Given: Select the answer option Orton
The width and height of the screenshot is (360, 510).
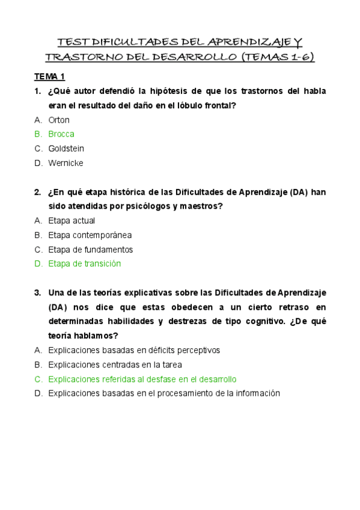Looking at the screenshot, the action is [59, 120].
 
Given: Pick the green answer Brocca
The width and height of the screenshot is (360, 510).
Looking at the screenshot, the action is [61, 134].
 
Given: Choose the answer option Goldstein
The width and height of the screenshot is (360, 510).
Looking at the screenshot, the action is [66, 149].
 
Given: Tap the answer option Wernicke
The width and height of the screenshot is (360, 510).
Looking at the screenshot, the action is [66, 163].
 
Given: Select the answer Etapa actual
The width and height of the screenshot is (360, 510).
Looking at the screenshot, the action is [72, 221].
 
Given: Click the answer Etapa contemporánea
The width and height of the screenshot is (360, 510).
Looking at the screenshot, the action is [90, 235].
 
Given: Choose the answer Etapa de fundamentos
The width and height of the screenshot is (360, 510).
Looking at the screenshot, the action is [90, 250].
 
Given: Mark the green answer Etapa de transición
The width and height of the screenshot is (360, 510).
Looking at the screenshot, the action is [85, 264].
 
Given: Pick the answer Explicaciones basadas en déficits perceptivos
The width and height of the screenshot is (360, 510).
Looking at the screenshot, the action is [134, 350].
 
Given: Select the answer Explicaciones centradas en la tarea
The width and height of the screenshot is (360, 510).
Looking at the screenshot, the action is [115, 364].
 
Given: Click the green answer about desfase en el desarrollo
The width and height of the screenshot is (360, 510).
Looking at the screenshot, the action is [142, 379].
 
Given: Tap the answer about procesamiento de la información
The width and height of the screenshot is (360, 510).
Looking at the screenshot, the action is [164, 393].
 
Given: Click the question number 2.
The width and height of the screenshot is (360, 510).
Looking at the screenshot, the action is [37, 192].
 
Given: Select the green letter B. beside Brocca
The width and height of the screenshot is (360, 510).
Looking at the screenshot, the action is [38, 134].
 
